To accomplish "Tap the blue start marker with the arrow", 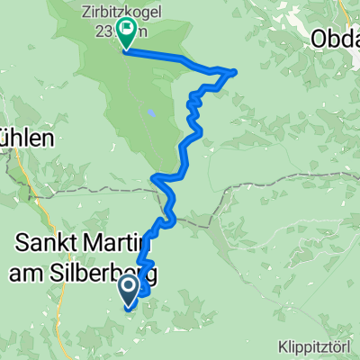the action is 127,289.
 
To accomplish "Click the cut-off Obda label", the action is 335,38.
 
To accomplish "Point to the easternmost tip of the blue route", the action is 235,70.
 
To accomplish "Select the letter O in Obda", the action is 319,38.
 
